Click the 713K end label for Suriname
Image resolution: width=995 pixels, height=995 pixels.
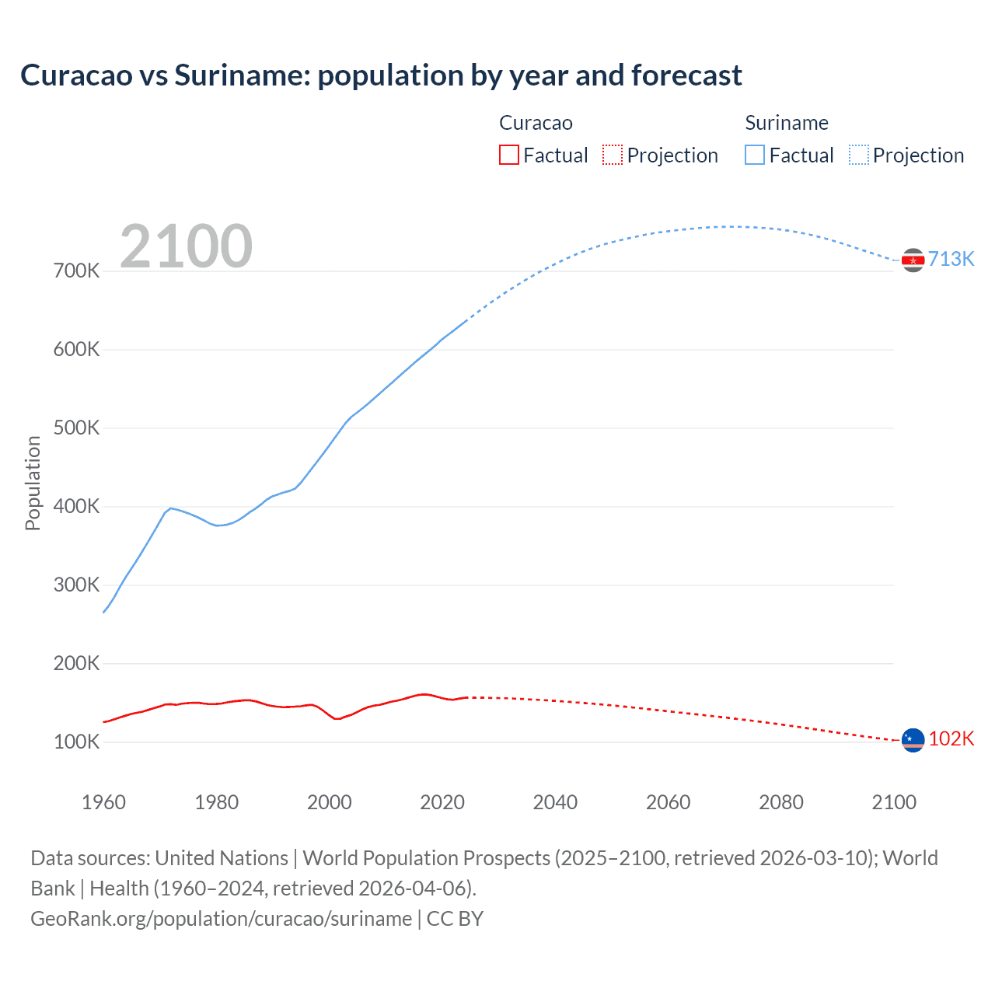(x=951, y=259)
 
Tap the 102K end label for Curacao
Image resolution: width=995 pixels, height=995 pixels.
(x=951, y=738)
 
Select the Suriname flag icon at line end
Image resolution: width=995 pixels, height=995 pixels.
(x=913, y=260)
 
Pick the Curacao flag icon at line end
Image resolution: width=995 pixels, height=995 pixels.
(x=913, y=740)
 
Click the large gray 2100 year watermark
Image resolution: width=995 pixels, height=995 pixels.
(x=186, y=246)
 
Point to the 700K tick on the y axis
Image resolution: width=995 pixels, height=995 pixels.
(x=76, y=271)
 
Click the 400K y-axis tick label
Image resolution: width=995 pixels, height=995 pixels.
(x=76, y=507)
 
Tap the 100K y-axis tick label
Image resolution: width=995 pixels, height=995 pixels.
(x=76, y=742)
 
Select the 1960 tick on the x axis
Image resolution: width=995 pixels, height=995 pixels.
(x=103, y=802)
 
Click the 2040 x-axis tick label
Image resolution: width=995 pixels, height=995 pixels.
(x=555, y=802)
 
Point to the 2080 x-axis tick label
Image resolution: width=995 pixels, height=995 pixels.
(x=781, y=802)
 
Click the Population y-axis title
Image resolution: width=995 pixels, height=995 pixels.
(x=33, y=483)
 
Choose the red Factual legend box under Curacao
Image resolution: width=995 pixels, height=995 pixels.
(x=508, y=155)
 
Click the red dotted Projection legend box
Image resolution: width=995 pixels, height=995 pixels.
(x=613, y=155)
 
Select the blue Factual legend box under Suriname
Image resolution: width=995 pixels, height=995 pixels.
(x=755, y=155)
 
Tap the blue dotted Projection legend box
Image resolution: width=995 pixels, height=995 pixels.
(x=859, y=155)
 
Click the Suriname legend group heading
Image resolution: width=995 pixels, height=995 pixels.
(x=786, y=123)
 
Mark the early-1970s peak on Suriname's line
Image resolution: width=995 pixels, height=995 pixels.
(x=170, y=508)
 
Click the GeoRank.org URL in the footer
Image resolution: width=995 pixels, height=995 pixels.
(x=221, y=919)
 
